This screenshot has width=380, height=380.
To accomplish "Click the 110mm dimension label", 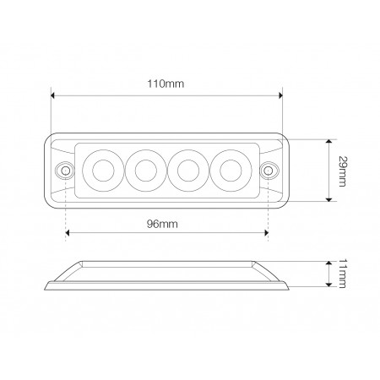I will (166, 84).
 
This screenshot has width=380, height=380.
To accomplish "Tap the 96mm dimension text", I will (166, 223).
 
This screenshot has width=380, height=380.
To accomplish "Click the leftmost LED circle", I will (105, 170).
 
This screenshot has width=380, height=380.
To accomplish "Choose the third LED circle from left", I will (187, 170).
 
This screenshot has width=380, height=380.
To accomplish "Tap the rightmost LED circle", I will (228, 170).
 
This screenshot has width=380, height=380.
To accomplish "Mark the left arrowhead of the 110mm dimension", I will (53, 95).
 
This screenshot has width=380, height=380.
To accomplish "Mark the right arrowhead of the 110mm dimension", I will (279, 95).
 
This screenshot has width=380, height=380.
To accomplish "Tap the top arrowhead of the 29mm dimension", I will (328, 141).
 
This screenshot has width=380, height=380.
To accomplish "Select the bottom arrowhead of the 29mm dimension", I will (328, 200).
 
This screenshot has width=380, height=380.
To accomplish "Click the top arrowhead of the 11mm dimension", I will (328, 262).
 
